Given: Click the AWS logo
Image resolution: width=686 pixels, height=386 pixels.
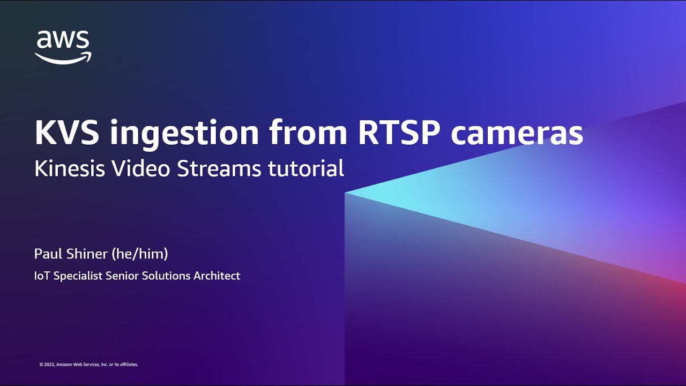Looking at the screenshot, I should pyautogui.click(x=63, y=47).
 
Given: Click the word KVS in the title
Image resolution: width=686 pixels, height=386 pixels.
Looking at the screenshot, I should pyautogui.click(x=67, y=132).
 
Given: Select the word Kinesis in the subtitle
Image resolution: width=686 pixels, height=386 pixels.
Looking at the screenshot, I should pyautogui.click(x=69, y=168).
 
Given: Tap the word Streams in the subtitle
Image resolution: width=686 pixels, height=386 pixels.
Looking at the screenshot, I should pyautogui.click(x=219, y=168).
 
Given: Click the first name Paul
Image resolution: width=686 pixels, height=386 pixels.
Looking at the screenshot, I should pyautogui.click(x=49, y=254).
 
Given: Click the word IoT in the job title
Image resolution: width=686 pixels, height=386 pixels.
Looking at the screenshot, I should pyautogui.click(x=42, y=276).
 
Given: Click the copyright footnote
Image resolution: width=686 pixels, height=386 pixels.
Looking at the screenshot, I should pyautogui.click(x=88, y=365).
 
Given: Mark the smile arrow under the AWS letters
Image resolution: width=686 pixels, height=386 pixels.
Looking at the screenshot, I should pyautogui.click(x=63, y=58).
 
